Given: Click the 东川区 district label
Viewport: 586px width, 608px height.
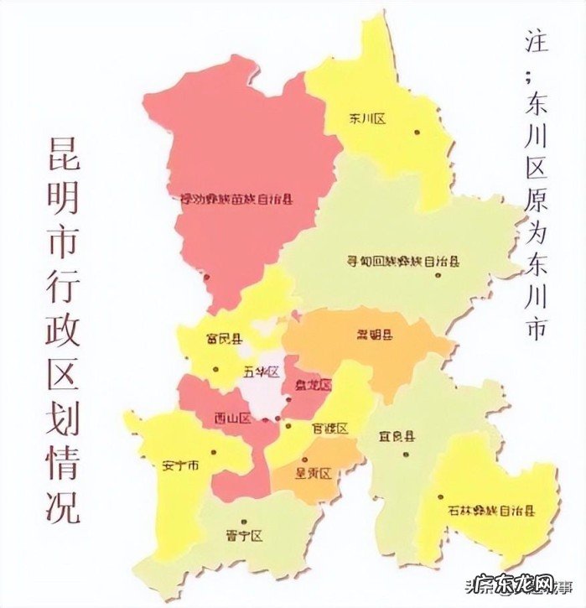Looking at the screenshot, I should pos(367,120).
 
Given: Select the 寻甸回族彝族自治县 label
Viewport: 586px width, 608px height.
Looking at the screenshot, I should pos(403,261).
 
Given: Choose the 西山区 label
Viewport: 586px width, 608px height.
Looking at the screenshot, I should pos(232,418).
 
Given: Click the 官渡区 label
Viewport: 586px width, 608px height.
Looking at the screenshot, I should pos(329,428).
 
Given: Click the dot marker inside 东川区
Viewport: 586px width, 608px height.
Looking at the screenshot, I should pos(416,131).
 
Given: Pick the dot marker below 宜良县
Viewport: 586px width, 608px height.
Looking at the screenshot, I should pos(406,455).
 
